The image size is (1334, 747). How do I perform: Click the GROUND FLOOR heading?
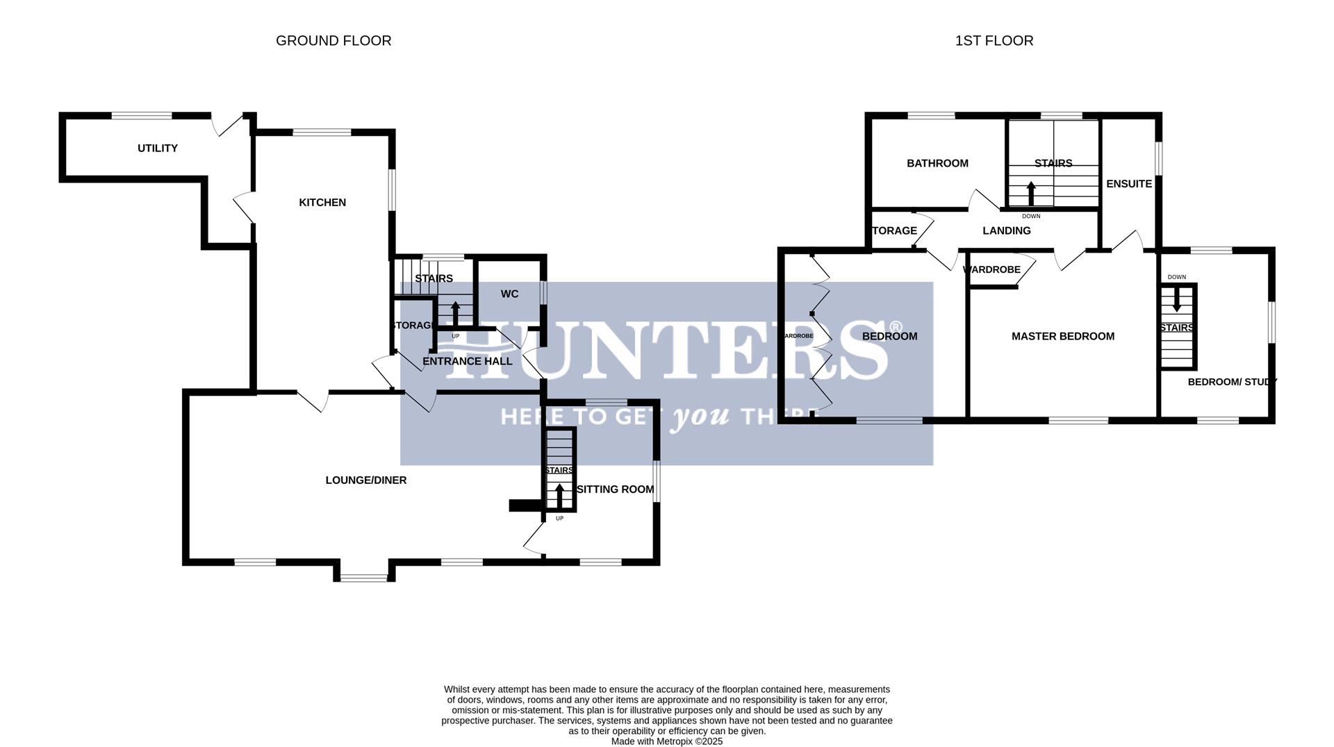[333, 41]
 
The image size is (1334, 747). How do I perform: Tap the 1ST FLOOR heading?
[994, 41]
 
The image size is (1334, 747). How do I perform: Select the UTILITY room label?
[158, 149]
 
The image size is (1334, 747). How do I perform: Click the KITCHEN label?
[322, 203]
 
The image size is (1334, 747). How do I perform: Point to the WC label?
[509, 294]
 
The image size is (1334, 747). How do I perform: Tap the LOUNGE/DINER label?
[366, 480]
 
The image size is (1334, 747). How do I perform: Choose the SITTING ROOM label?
[616, 489]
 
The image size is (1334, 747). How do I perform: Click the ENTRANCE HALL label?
[467, 362]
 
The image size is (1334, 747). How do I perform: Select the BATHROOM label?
[937, 164]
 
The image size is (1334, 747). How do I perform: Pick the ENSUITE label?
[1129, 184]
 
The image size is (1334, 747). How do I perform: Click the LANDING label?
[1006, 231]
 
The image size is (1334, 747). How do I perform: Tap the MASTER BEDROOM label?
[1062, 337]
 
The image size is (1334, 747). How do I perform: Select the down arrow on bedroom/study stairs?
[1176, 299]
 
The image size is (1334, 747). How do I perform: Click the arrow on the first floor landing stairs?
[1031, 193]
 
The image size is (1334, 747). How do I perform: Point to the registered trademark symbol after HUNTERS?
[896, 327]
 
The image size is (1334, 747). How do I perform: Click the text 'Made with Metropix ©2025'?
[666, 741]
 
